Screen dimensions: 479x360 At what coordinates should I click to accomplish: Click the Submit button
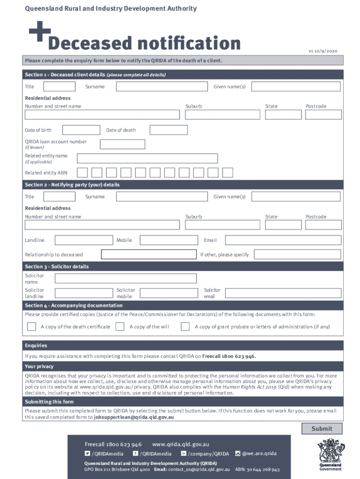click(322, 428)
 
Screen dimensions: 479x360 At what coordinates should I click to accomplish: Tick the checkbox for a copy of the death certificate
click(31, 327)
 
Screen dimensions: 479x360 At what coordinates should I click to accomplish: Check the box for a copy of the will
click(120, 327)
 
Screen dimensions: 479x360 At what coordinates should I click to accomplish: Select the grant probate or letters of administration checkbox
click(185, 327)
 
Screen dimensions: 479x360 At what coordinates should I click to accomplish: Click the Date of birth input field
click(80, 130)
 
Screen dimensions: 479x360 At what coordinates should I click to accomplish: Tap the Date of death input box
click(168, 130)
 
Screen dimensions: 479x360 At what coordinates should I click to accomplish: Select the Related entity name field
click(147, 159)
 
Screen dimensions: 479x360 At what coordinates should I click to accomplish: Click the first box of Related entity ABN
click(82, 173)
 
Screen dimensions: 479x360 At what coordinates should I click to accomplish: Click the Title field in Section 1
click(59, 87)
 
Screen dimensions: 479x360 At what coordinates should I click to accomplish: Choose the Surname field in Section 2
click(162, 196)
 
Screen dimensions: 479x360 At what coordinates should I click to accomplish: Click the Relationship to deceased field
click(149, 254)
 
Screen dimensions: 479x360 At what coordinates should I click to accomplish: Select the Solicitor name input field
click(126, 279)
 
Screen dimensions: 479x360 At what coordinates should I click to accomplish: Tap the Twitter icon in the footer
click(87, 453)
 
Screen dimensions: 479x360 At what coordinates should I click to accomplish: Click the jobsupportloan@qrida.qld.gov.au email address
click(134, 417)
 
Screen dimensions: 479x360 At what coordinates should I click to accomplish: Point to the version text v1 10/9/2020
click(322, 51)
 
